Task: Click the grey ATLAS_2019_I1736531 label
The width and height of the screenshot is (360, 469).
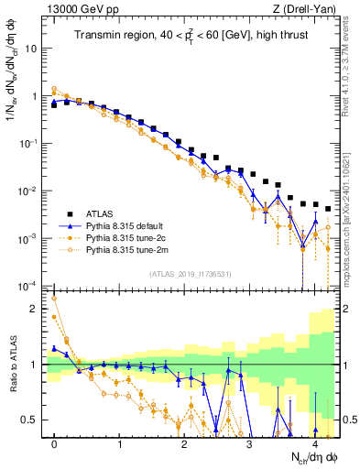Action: click(190, 274)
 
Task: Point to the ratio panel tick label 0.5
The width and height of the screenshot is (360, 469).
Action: click(34, 420)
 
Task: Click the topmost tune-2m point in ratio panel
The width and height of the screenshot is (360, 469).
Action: click(54, 298)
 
